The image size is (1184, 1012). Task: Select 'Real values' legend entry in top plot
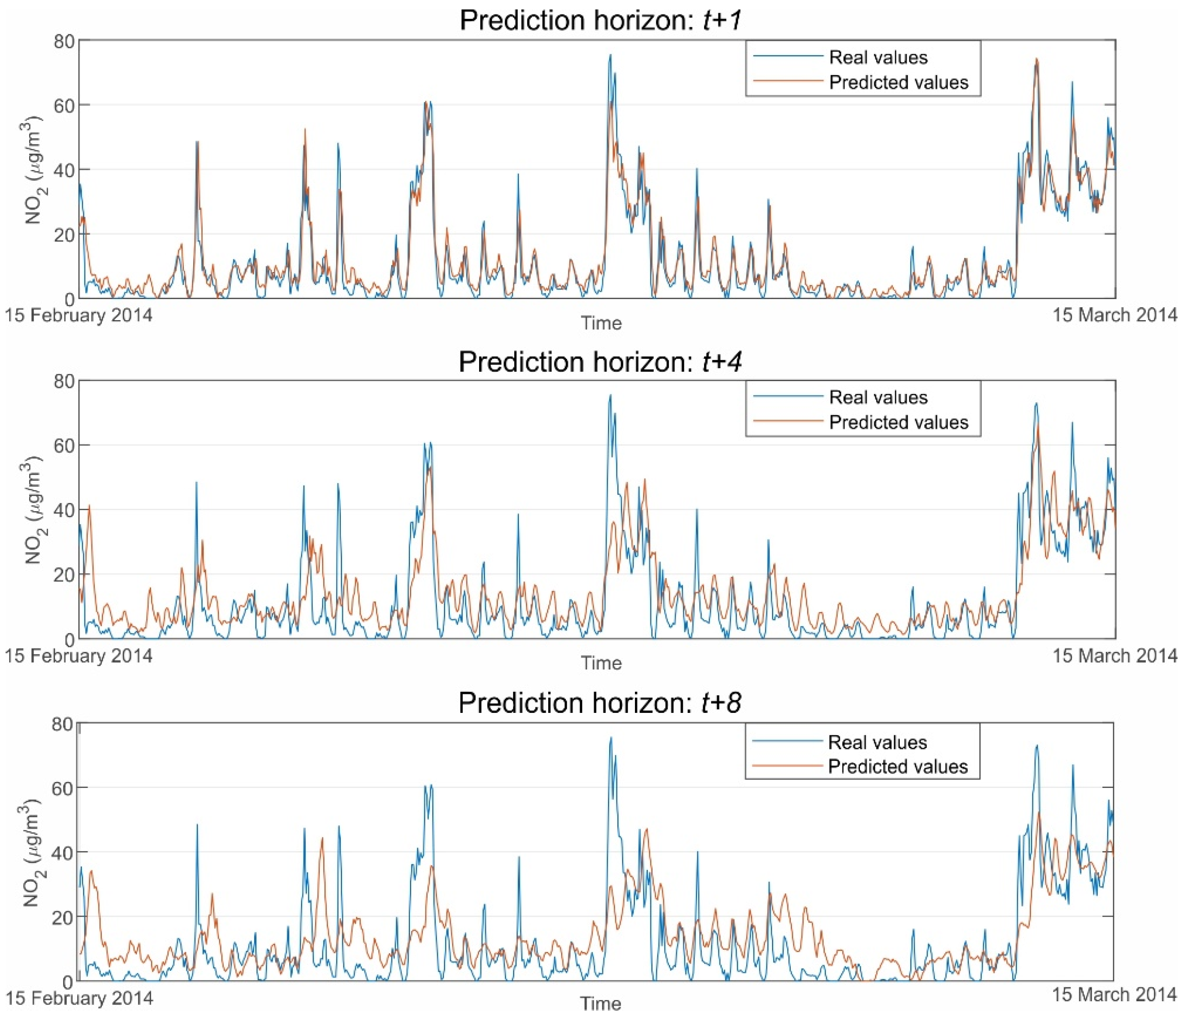[x=878, y=57]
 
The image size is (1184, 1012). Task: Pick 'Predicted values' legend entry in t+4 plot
[x=898, y=422]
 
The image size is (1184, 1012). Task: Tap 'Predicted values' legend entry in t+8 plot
[x=898, y=766]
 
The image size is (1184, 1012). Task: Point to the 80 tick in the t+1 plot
[x=64, y=41]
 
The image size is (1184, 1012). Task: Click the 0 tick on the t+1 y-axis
[x=69, y=299]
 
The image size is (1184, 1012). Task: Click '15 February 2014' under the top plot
[x=79, y=315]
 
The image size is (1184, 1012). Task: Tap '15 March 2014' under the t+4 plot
[x=1115, y=655]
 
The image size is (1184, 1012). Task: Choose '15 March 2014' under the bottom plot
[x=1114, y=995]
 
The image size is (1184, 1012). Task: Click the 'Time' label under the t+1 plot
[x=601, y=324]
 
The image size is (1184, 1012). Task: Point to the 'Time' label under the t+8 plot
[x=601, y=1003]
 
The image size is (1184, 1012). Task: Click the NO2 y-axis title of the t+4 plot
[x=33, y=510]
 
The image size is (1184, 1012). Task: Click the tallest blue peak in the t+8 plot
[x=610, y=738]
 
